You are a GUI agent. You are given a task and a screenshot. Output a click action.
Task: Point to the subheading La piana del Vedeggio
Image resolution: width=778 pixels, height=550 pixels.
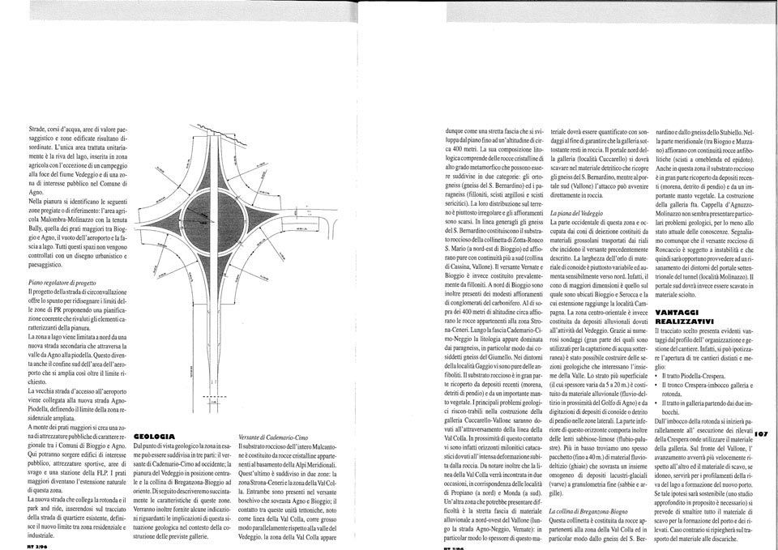tap(579, 211)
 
